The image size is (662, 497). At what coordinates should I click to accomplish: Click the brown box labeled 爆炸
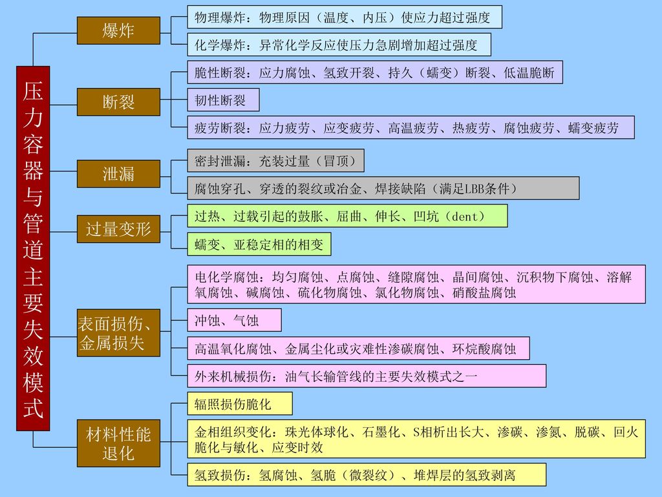point(118,30)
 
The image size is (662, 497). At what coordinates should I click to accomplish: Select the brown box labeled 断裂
point(118,102)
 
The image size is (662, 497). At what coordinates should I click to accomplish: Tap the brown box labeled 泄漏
point(118,173)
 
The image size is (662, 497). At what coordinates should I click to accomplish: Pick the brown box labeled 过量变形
point(118,229)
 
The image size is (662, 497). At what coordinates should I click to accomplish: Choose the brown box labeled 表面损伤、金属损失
point(118,333)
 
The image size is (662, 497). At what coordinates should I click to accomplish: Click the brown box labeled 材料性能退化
point(118,443)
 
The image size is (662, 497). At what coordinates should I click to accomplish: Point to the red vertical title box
point(33,248)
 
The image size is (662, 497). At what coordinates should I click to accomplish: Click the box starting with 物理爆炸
point(345,17)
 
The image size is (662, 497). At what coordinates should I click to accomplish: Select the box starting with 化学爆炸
point(339,45)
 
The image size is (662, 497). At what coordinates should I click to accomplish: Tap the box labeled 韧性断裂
point(223,100)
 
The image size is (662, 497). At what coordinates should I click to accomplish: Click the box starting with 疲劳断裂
point(411,127)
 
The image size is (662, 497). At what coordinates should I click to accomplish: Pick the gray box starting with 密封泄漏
point(275,160)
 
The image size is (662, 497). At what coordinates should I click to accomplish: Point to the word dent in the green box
point(464,217)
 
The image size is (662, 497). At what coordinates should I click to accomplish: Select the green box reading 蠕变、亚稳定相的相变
point(259,244)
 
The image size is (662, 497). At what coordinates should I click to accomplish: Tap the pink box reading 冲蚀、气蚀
point(234,320)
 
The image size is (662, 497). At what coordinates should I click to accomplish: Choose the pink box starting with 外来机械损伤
point(367,376)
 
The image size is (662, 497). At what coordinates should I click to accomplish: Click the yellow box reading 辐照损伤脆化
point(240,404)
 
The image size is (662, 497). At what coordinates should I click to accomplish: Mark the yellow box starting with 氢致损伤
point(367,474)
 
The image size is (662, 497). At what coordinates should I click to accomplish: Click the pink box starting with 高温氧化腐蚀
point(358,349)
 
